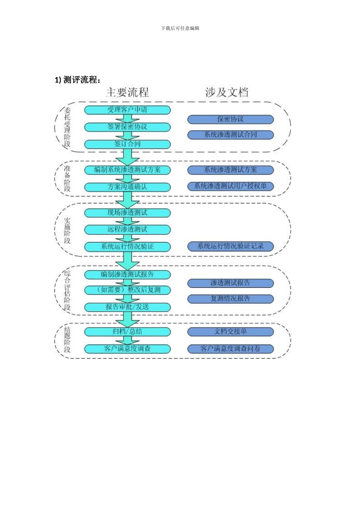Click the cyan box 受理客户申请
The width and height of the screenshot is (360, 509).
point(127,110)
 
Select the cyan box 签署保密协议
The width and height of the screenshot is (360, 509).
point(127,127)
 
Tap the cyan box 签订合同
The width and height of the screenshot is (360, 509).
point(127,144)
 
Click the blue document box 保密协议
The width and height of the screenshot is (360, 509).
point(230,119)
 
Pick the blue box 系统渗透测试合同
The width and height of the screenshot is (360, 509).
point(230,135)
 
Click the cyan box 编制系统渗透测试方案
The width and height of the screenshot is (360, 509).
point(127,170)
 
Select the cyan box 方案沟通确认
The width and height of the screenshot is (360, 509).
point(127,187)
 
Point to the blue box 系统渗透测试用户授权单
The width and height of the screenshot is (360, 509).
point(230,186)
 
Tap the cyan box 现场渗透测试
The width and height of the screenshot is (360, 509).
point(127,213)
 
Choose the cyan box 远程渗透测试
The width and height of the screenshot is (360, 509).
point(127,230)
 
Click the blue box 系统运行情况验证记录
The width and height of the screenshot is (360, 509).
point(230,246)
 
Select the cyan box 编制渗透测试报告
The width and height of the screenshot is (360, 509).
point(127,274)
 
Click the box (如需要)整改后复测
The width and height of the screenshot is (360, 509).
point(127,290)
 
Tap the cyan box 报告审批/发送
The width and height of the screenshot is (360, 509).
point(127,307)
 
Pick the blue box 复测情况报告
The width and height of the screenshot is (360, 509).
point(230,299)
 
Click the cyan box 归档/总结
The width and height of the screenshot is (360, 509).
point(127,331)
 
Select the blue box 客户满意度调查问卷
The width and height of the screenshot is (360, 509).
point(230,348)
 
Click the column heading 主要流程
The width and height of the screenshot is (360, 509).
point(127,92)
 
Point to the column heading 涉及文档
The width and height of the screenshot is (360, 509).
point(227,92)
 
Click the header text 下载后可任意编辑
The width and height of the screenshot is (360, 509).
point(180,28)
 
